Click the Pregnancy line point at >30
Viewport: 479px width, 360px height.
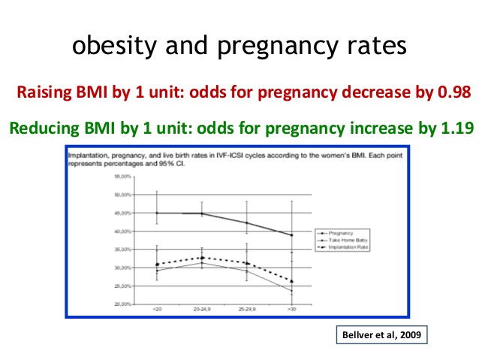pos(292,235)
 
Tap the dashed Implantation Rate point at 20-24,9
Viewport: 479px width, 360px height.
pos(203,258)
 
